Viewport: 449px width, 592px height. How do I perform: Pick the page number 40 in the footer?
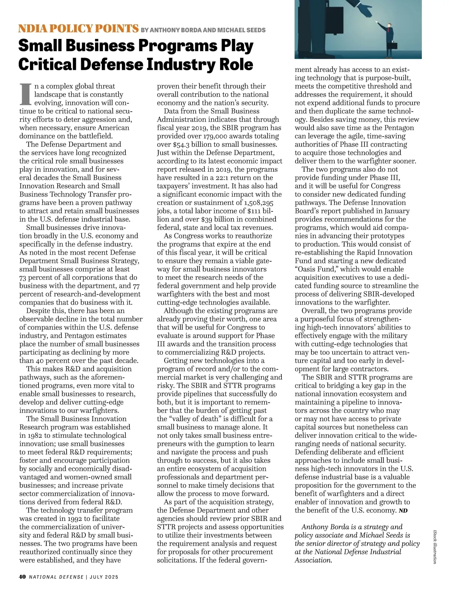tap(22, 577)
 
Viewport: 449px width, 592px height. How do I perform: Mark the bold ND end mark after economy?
tap(403, 511)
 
